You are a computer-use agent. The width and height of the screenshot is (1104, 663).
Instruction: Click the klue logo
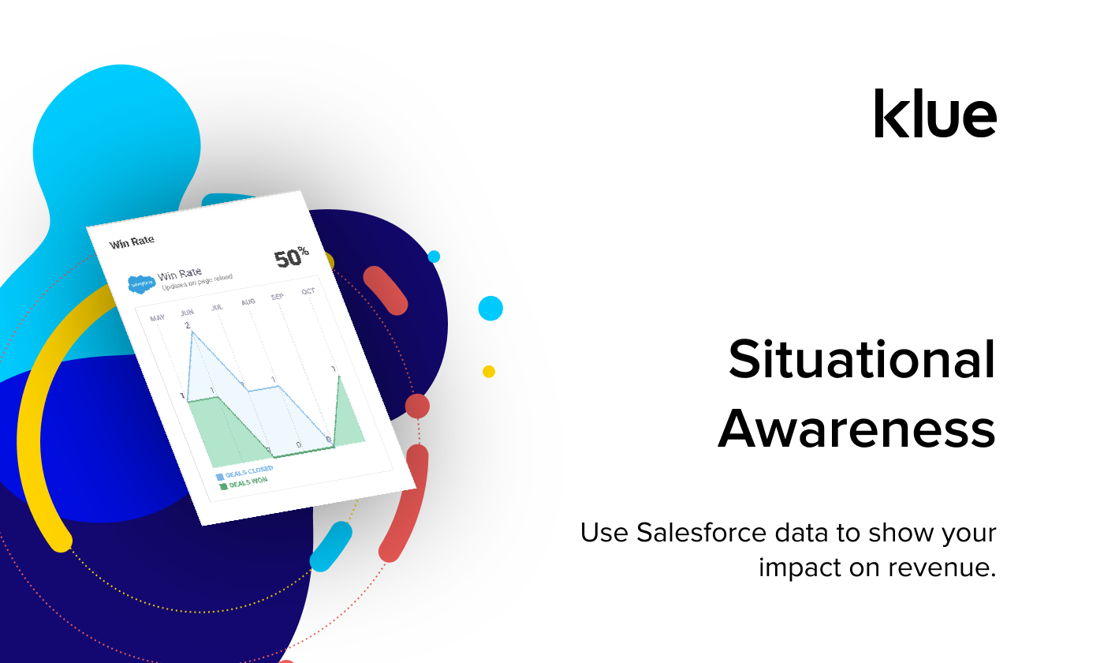pos(935,114)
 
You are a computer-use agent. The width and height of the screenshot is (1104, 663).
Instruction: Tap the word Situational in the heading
pos(862,360)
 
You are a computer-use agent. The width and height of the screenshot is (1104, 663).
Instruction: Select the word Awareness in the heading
pos(856,429)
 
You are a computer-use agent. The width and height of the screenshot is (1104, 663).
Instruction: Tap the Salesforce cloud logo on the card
pos(141,283)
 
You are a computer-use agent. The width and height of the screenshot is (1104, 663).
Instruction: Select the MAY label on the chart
pos(158,318)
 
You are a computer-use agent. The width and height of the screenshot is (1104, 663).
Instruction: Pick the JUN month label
pos(187,313)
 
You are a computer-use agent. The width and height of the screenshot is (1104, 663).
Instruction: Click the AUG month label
pos(248,302)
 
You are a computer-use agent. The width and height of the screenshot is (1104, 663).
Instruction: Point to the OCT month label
pos(308,291)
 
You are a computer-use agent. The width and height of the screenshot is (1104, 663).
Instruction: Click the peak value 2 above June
pos(187,325)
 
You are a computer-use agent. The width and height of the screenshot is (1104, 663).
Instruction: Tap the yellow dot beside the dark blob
pos(489,371)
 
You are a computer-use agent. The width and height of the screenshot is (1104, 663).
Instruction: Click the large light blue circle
pos(490,308)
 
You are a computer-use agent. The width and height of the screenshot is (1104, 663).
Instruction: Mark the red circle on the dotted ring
pos(417,406)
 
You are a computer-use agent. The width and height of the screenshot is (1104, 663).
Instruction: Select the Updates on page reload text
pos(197,282)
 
